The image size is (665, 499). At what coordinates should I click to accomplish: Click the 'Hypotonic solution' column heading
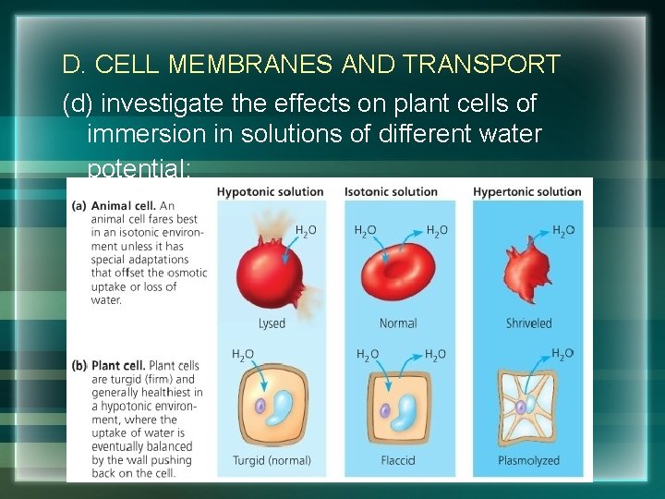[x=271, y=192]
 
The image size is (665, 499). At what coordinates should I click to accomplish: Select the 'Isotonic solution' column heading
[x=391, y=192]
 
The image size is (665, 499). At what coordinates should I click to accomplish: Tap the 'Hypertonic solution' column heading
[x=526, y=192]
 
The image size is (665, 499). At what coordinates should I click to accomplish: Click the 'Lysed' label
[x=272, y=323]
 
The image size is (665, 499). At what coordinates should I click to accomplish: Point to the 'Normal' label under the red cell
[x=398, y=323]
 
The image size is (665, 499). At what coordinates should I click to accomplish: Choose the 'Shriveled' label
[x=528, y=323]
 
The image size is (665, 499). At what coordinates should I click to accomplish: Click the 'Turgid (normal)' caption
[x=272, y=460]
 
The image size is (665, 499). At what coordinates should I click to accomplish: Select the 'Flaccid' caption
[x=398, y=460]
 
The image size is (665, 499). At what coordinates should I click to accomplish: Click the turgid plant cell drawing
[x=272, y=408]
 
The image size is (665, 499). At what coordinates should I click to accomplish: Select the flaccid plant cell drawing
[x=398, y=408]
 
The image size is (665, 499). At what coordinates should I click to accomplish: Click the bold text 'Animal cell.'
[x=123, y=206]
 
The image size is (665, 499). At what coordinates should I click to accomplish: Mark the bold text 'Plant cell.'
[x=117, y=366]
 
